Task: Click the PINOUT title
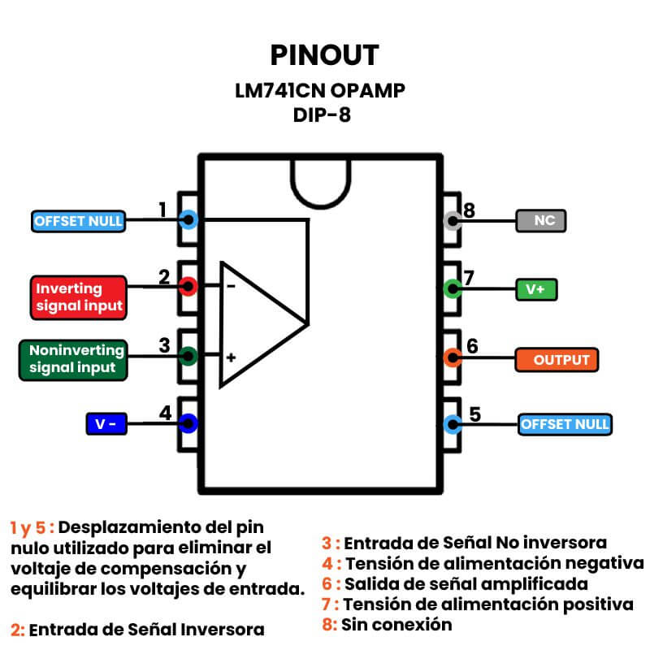tap(324, 54)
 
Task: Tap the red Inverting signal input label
tap(80, 297)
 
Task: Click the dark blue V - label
tap(106, 424)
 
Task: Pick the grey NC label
tap(540, 220)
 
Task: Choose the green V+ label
tap(537, 288)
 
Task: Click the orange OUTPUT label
tap(557, 358)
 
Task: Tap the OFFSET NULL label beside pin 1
tap(78, 221)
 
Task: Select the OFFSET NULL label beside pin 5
tap(565, 424)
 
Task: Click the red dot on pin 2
tap(189, 286)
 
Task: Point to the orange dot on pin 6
tap(453, 355)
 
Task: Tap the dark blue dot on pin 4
tap(189, 422)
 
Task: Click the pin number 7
tap(469, 276)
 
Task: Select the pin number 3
tap(164, 345)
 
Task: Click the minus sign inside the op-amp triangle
tap(231, 286)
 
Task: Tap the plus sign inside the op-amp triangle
tap(231, 357)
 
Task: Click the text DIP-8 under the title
tap(323, 115)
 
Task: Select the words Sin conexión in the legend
tap(396, 625)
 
